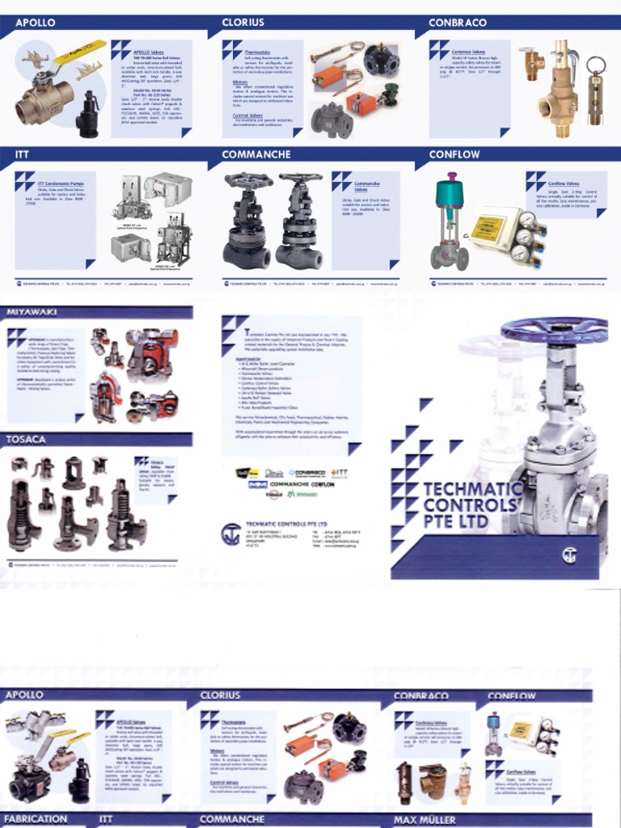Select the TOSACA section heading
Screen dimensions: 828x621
[27, 439]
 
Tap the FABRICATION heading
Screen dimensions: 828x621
[36, 819]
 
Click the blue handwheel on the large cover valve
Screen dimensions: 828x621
[554, 330]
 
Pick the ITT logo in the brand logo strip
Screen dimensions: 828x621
[339, 472]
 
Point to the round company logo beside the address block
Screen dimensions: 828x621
[231, 534]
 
